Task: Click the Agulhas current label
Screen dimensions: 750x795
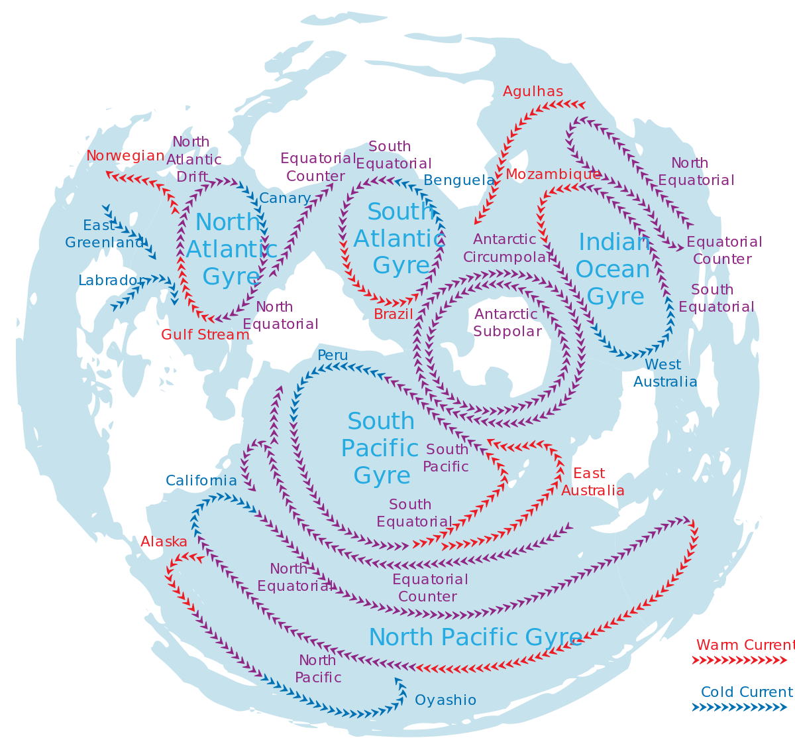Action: pyautogui.click(x=533, y=92)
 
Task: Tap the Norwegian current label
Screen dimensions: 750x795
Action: pyautogui.click(x=125, y=156)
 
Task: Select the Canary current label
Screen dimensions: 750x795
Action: pyautogui.click(x=284, y=198)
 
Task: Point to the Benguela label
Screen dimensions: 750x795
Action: pyautogui.click(x=458, y=180)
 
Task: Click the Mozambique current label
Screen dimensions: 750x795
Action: pyautogui.click(x=553, y=174)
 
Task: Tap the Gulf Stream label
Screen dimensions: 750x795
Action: pyautogui.click(x=205, y=334)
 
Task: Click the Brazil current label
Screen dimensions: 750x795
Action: pyautogui.click(x=394, y=314)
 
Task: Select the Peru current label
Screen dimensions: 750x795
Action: pyautogui.click(x=333, y=355)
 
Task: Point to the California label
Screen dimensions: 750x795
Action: pyautogui.click(x=201, y=481)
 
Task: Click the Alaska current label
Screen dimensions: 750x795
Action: pyautogui.click(x=164, y=542)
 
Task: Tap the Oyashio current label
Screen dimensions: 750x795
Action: pyautogui.click(x=445, y=700)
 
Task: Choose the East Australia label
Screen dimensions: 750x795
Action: pyautogui.click(x=592, y=482)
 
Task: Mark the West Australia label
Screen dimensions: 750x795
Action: pyautogui.click(x=664, y=373)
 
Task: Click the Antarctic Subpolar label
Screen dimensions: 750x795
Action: pyautogui.click(x=507, y=323)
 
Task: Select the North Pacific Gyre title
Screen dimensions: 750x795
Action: pyautogui.click(x=476, y=637)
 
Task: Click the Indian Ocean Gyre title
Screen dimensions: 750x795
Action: pyautogui.click(x=613, y=269)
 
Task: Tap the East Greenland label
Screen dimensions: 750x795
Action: pyautogui.click(x=104, y=234)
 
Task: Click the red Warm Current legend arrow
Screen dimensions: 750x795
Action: pyautogui.click(x=739, y=660)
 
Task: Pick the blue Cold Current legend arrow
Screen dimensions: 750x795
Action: pyautogui.click(x=739, y=708)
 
